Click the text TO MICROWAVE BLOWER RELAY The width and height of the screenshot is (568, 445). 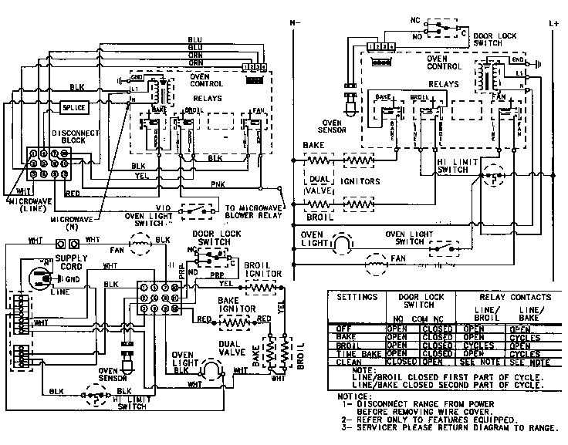[252, 212]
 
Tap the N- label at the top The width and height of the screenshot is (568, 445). [294, 24]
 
